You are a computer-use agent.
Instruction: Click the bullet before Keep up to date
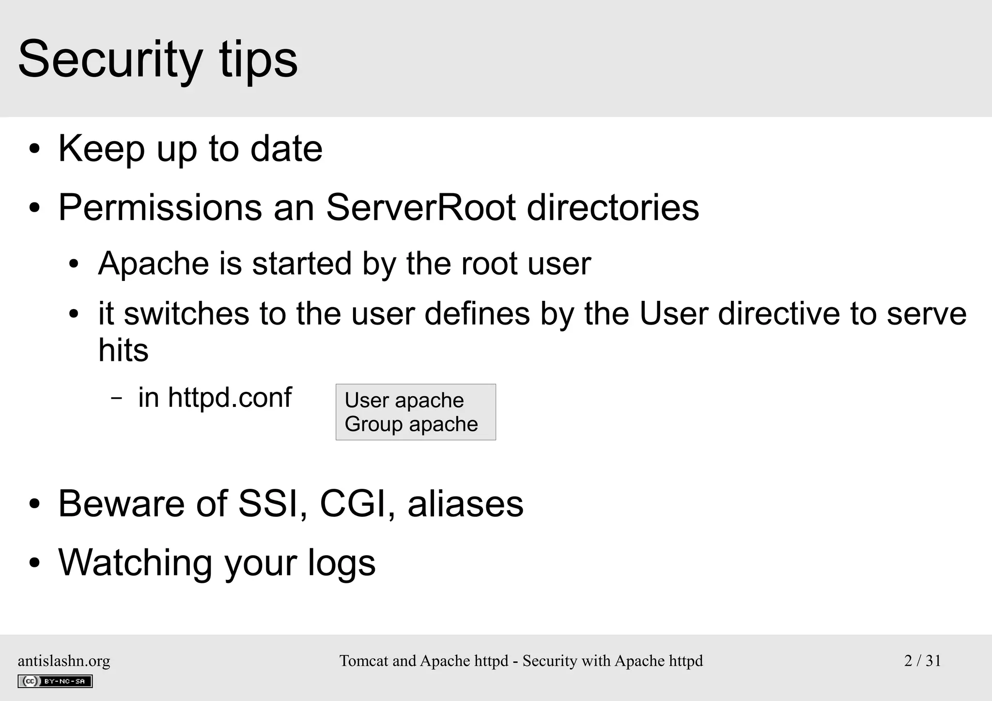coord(34,149)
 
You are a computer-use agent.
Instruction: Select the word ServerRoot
coord(420,208)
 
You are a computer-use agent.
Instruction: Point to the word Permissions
coord(160,208)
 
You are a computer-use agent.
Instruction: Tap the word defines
coord(477,313)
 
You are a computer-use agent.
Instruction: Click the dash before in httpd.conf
coord(116,399)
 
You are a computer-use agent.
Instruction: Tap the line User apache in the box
coord(404,401)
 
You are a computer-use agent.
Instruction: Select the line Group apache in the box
coord(411,424)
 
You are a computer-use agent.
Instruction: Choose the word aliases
coord(465,504)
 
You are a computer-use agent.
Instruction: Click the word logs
coord(341,563)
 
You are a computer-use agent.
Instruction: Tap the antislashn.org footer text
coord(64,661)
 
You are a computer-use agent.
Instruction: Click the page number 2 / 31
coord(922,661)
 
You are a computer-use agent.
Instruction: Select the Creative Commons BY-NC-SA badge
coord(55,681)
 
